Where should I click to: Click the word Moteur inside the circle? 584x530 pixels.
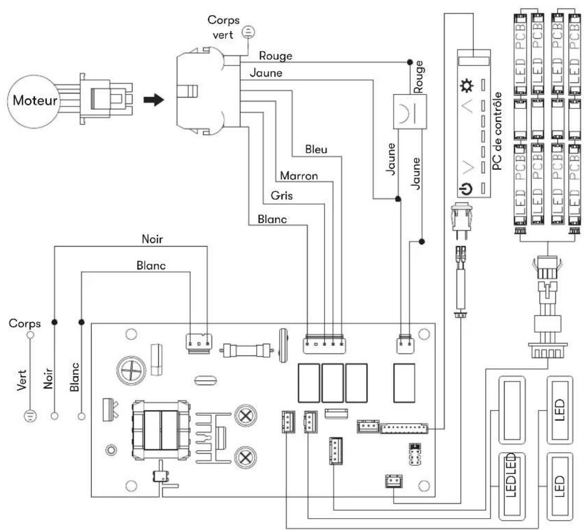tap(35, 100)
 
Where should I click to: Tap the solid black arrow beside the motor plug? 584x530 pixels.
tap(154, 100)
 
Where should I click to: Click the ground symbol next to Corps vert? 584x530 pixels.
tap(248, 32)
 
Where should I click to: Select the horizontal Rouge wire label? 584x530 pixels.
tap(275, 56)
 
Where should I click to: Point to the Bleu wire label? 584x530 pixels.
tap(316, 150)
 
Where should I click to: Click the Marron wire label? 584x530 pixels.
tap(299, 175)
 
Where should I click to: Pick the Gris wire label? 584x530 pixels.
tap(282, 195)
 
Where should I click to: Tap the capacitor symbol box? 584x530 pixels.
tap(410, 112)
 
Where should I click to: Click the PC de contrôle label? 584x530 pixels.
tap(497, 131)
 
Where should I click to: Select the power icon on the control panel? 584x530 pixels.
tap(466, 189)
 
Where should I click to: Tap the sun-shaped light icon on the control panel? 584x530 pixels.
tap(467, 86)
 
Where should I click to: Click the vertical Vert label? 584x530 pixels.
tap(22, 380)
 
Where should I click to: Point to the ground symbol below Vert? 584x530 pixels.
tap(30, 416)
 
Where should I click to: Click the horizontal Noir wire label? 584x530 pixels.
tap(152, 239)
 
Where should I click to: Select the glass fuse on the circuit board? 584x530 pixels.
tap(246, 350)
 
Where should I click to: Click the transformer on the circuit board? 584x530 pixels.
tap(161, 430)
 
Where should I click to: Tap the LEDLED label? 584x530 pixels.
tap(511, 475)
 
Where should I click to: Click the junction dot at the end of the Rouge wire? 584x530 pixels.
tap(410, 62)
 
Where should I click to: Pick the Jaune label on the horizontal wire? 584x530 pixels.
tap(266, 73)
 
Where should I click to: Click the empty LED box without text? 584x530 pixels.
tap(512, 410)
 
